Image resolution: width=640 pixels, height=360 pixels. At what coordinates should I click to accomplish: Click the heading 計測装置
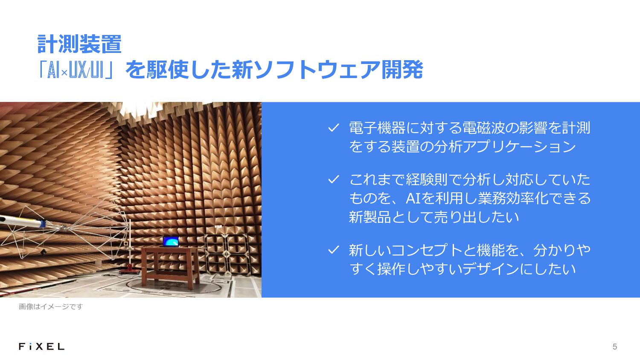point(79,44)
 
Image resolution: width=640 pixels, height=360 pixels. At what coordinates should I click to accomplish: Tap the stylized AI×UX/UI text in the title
point(76,70)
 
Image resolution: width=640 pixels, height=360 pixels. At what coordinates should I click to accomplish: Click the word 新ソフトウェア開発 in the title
point(327,70)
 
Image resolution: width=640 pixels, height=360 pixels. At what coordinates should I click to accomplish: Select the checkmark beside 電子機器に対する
point(333,128)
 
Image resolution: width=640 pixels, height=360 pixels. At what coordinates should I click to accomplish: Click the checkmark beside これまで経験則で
point(333,180)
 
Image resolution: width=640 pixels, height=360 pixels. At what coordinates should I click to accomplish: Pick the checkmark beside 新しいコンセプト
point(333,250)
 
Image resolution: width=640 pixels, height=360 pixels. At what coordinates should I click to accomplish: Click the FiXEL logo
point(42,347)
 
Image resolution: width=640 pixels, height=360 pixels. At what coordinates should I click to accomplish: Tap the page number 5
point(615,347)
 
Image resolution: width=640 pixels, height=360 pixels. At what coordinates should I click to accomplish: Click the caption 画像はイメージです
point(51,307)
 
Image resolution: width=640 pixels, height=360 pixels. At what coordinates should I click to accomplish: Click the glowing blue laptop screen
point(171,241)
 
